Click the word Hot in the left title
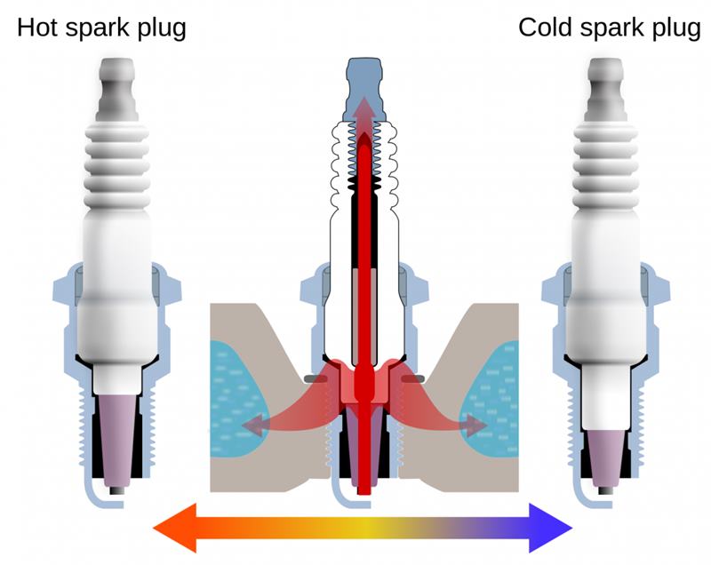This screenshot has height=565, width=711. pos(37,28)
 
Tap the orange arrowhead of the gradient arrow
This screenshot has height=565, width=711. pos(174,528)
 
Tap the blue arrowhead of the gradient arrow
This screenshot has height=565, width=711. pos(551,528)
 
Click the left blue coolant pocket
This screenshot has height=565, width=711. pos(235,399)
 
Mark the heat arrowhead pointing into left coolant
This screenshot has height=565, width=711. pos(253,425)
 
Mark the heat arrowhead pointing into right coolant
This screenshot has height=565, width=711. pos(475,425)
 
